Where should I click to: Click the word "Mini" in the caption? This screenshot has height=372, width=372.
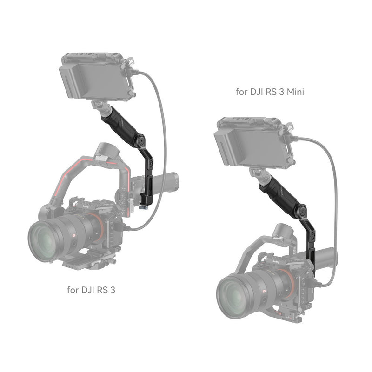[x=296, y=92]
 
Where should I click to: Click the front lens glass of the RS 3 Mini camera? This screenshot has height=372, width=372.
[x=237, y=296]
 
